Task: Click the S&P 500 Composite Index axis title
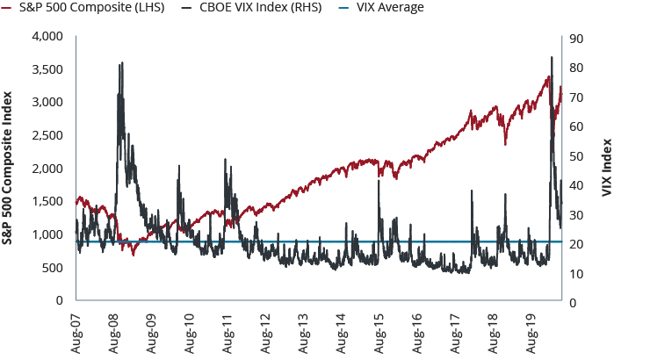11,168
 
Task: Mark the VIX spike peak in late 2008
121,63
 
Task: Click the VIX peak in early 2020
551,58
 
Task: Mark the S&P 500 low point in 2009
134,255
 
